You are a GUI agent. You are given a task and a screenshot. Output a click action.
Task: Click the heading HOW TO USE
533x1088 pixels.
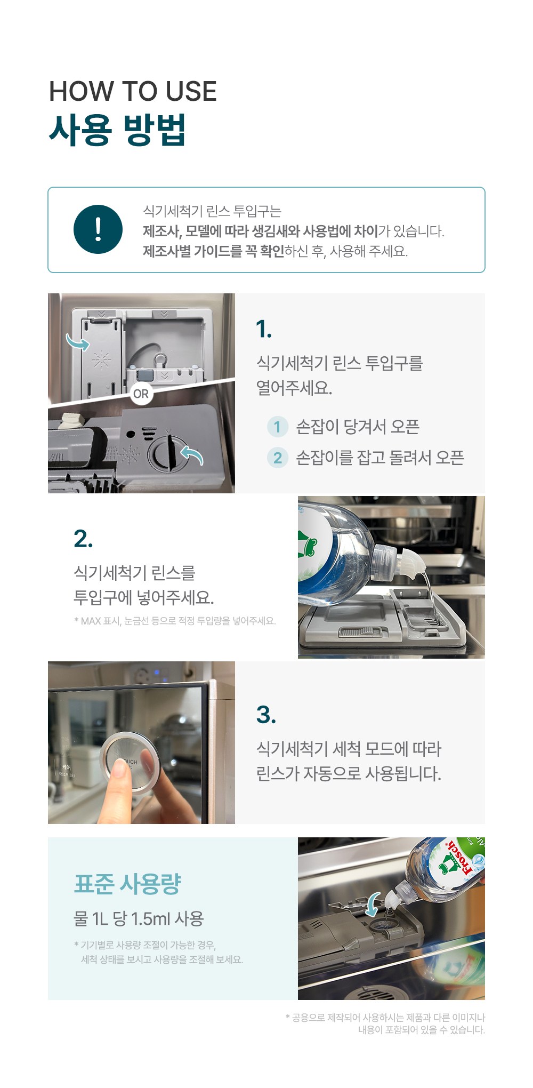(133, 91)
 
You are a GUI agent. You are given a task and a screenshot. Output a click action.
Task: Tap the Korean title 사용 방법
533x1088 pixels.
(117, 130)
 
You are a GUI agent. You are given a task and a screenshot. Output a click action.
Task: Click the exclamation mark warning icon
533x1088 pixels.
(98, 229)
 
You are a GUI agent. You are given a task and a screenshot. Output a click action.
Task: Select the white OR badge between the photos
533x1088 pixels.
(141, 394)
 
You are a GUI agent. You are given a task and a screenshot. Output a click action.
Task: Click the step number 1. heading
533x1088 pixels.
(264, 329)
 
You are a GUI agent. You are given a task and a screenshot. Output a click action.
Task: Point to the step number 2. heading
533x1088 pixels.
(83, 539)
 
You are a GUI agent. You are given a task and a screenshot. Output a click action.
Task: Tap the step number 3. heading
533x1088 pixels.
(266, 715)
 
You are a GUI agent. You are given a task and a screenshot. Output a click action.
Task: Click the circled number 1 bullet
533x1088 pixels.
(277, 427)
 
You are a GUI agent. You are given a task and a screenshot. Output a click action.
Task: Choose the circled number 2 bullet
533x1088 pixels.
(277, 458)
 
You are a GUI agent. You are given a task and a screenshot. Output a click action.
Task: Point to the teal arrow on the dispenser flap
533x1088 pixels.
(77, 342)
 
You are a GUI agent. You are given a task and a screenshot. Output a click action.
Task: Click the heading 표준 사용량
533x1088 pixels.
(127, 884)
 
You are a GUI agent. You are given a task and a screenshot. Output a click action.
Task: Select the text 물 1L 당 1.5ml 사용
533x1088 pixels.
(139, 918)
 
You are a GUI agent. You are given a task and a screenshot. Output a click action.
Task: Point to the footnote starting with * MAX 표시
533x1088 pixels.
(175, 621)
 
